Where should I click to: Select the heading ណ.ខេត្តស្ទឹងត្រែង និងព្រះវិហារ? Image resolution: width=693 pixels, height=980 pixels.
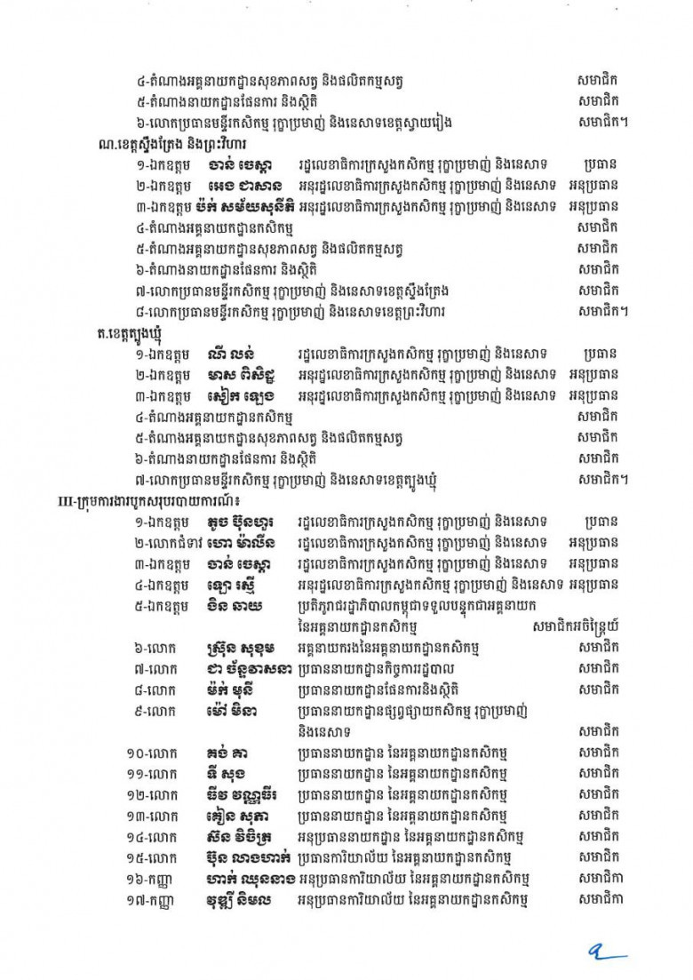pos(171,144)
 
